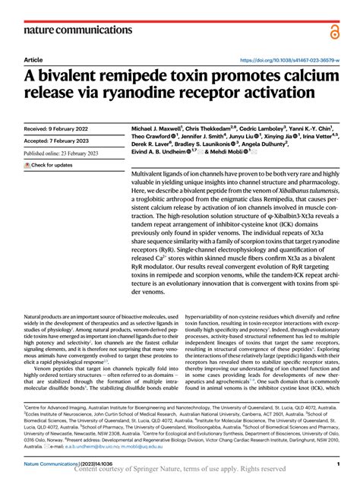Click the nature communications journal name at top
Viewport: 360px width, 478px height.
pyautogui.click(x=72, y=30)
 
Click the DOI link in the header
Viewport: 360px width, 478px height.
pyautogui.click(x=289, y=59)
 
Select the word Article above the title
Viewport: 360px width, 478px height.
pyautogui.click(x=33, y=59)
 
